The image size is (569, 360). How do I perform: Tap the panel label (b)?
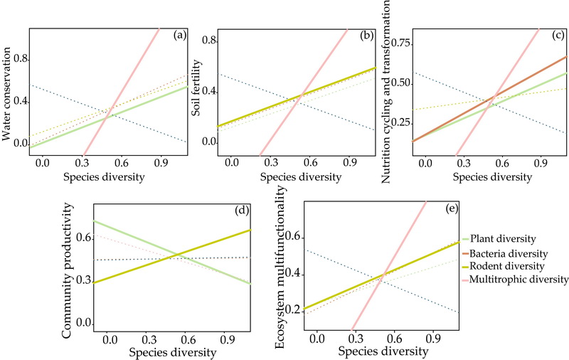366,35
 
